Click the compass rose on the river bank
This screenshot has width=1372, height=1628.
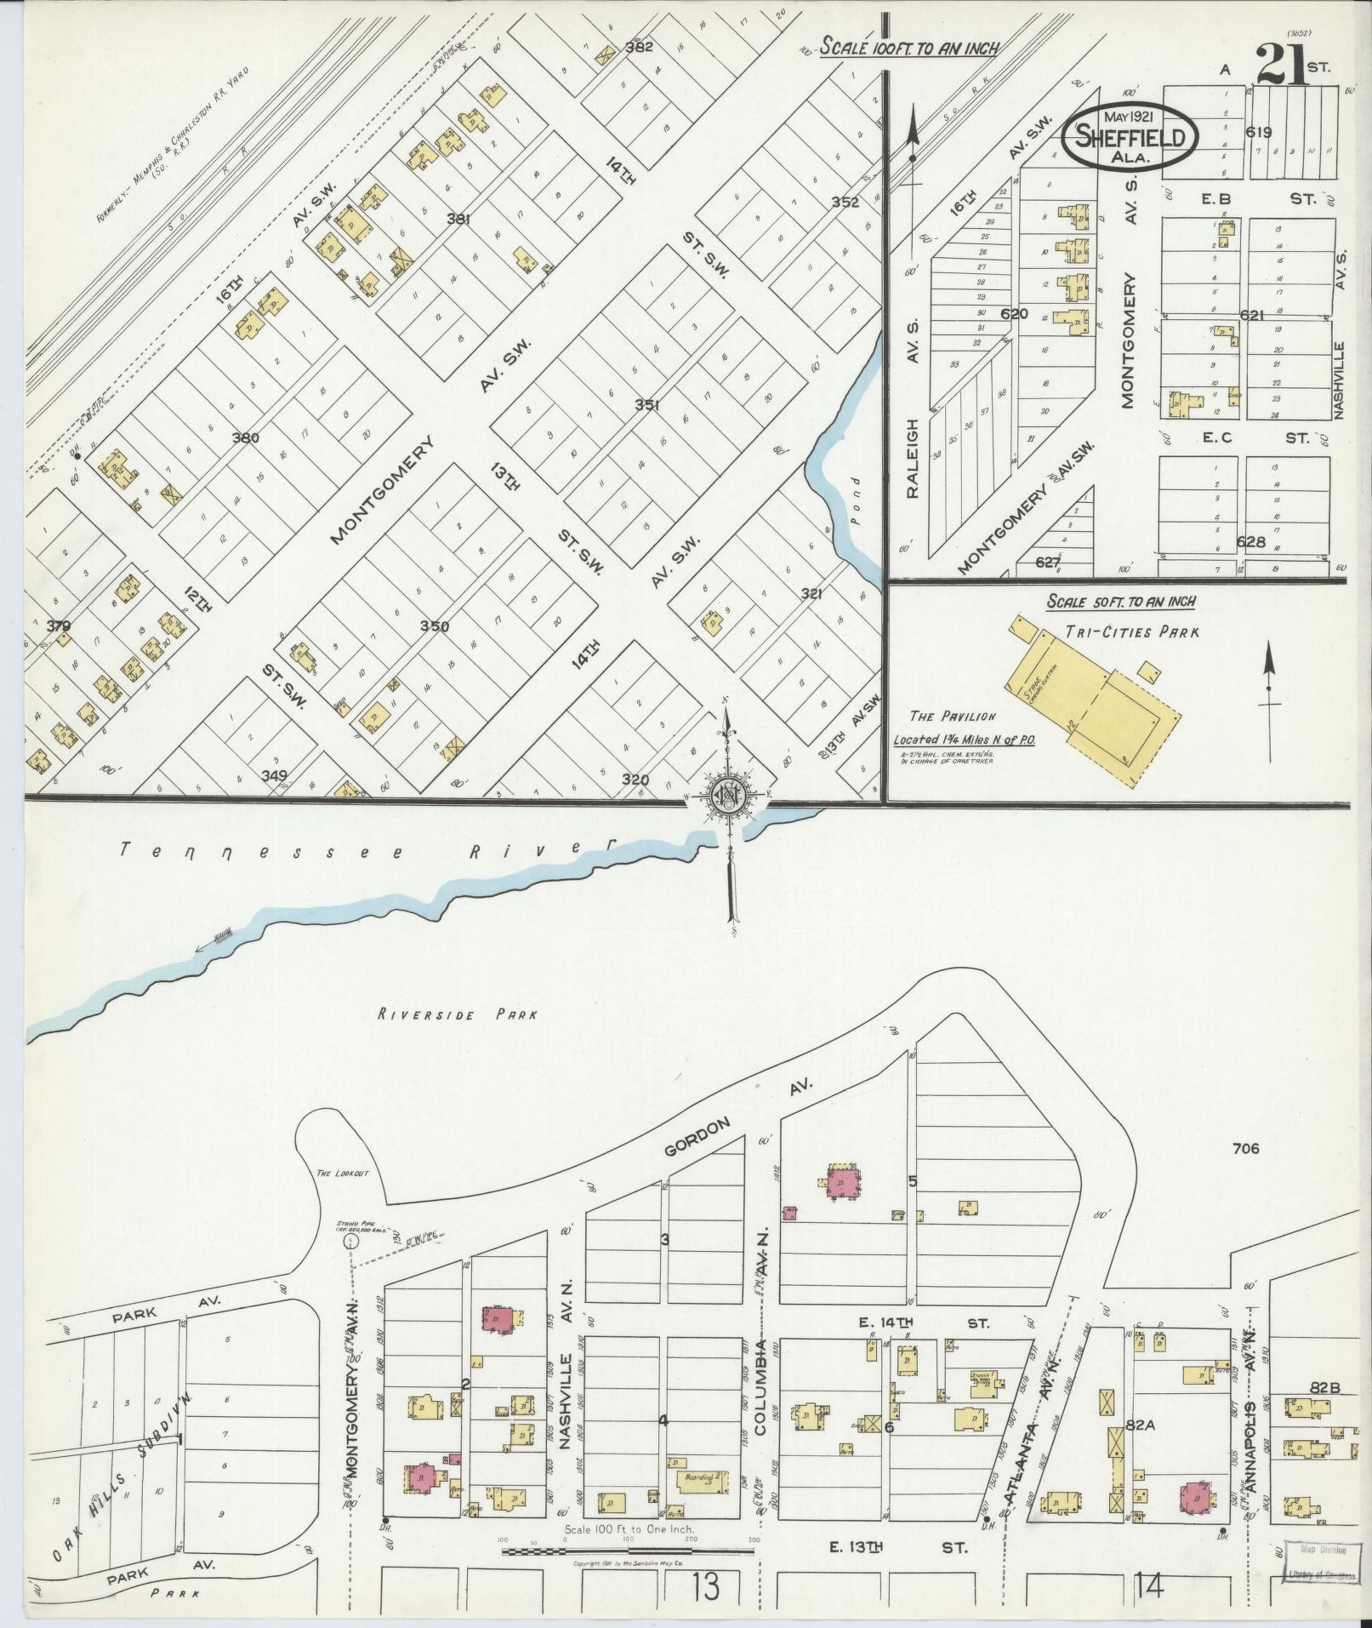click(x=729, y=796)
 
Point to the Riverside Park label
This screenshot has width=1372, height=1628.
click(x=458, y=1014)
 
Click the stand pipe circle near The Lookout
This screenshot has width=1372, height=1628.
click(x=348, y=1242)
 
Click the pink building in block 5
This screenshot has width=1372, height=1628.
click(x=842, y=1184)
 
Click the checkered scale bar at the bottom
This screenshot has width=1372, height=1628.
click(x=628, y=1551)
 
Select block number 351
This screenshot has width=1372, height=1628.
click(x=646, y=406)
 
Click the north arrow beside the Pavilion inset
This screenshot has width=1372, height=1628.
click(x=1269, y=689)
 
